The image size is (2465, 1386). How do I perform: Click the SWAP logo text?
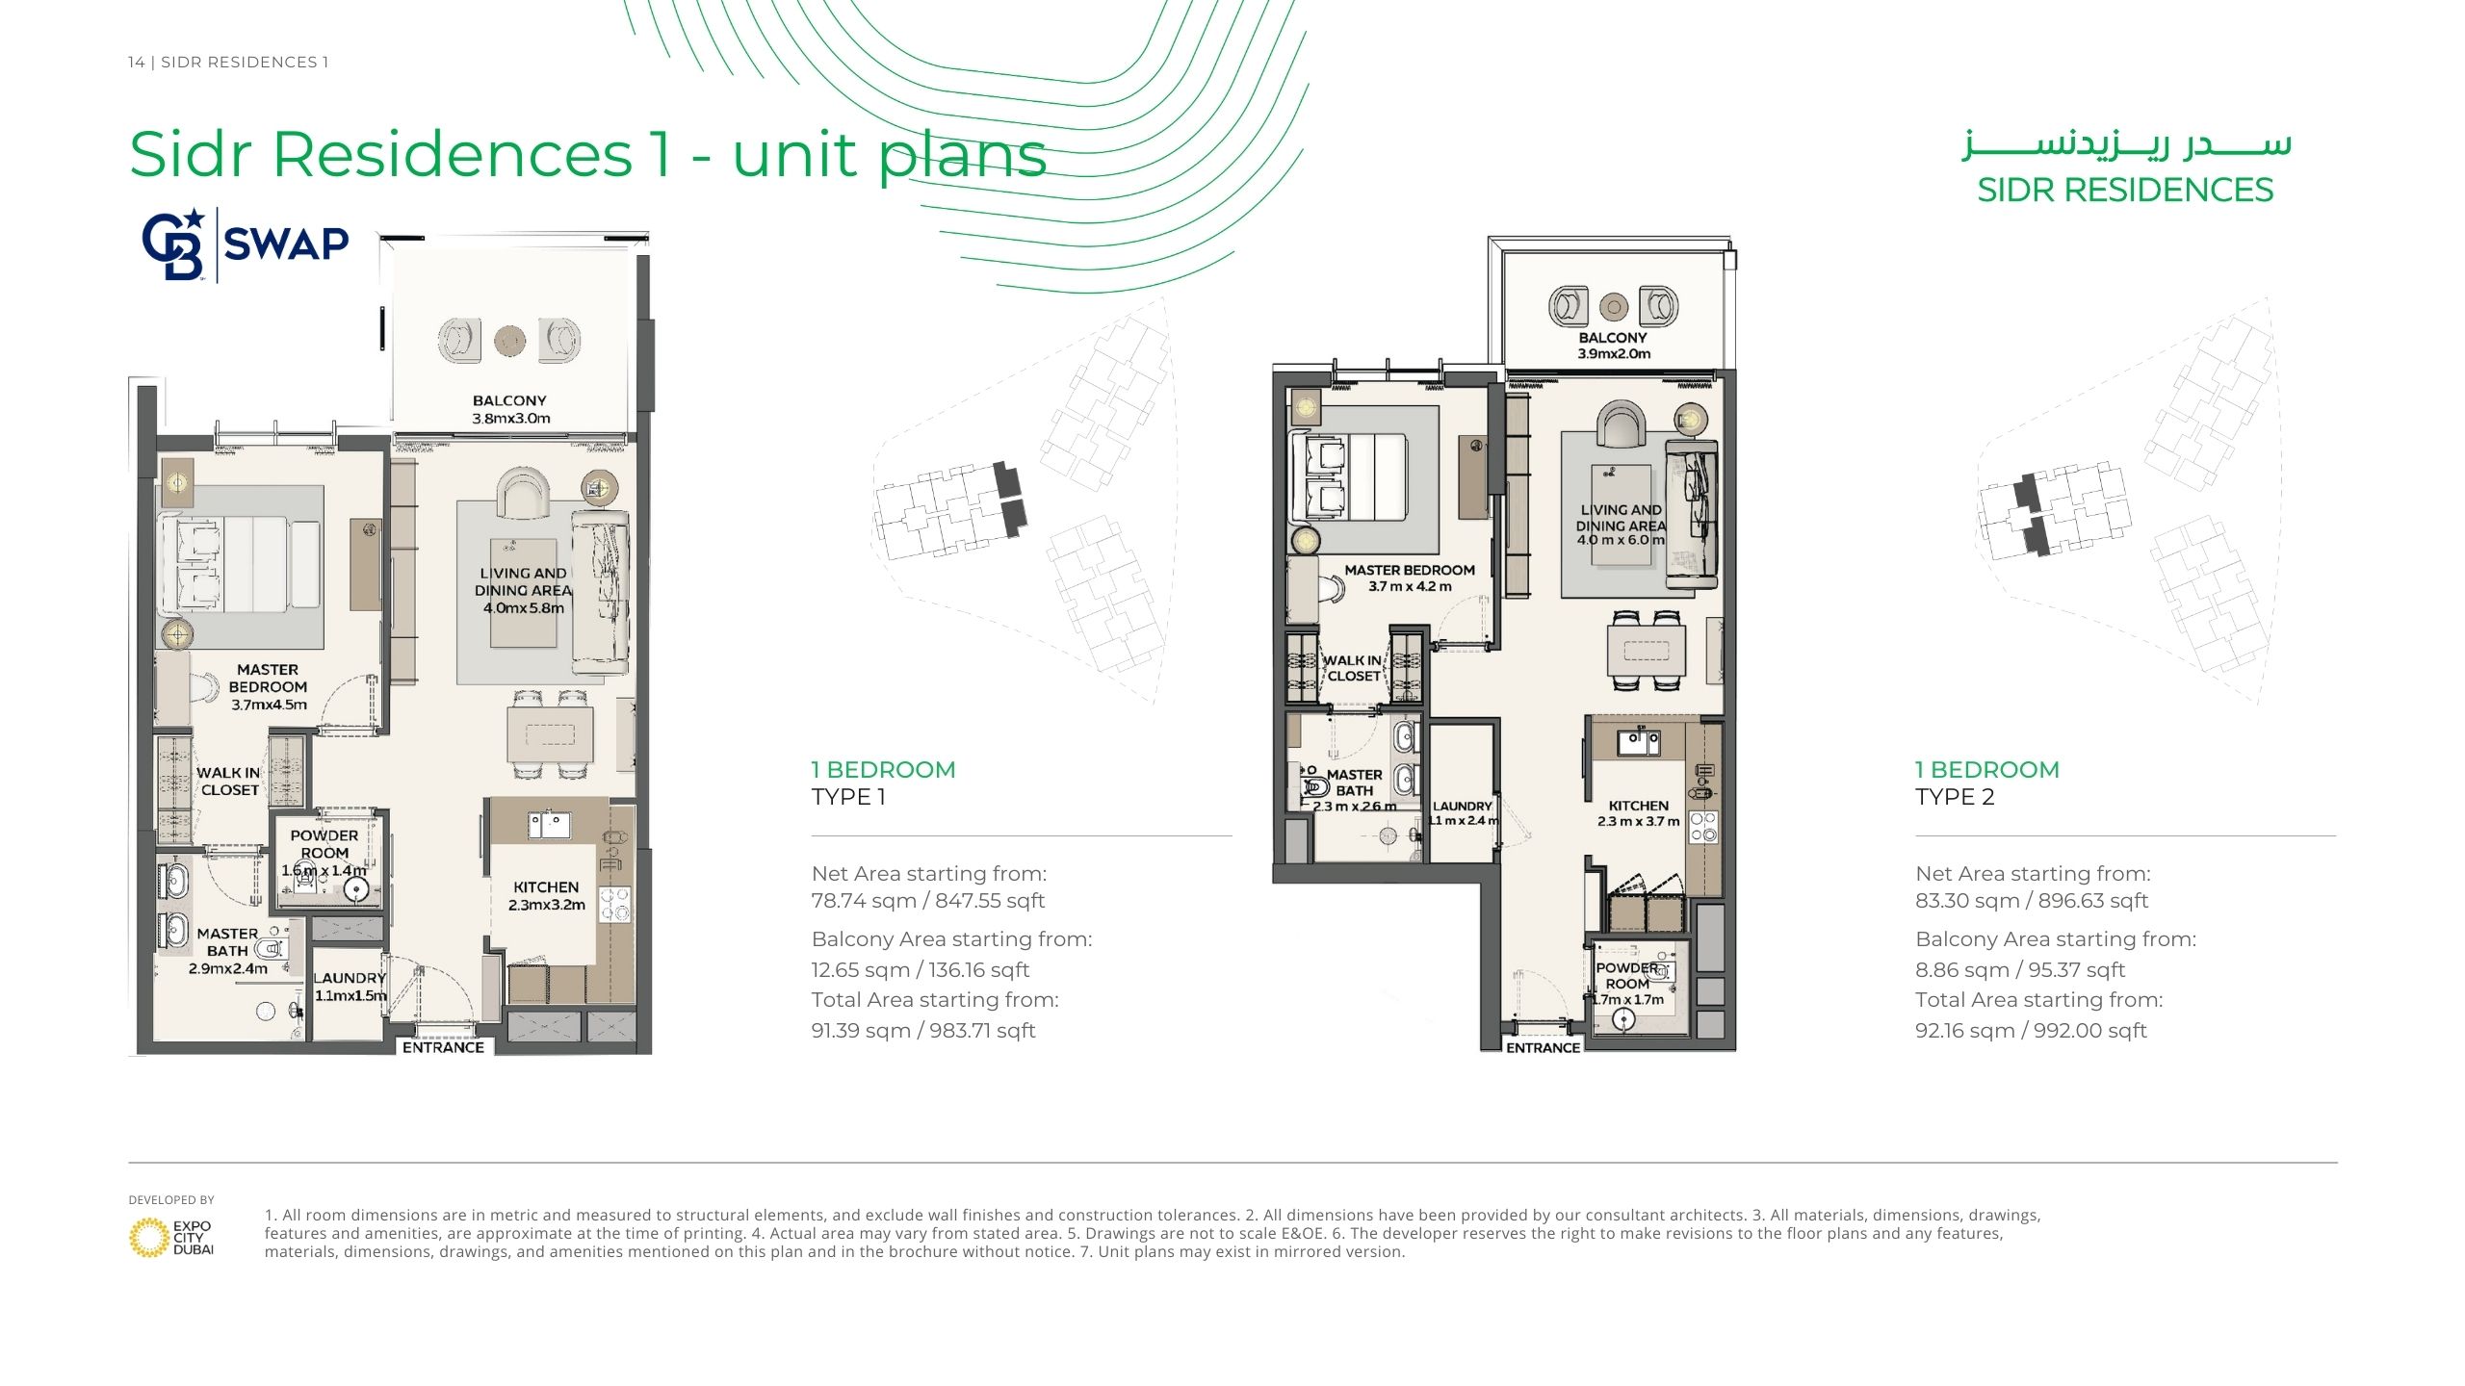click(x=286, y=244)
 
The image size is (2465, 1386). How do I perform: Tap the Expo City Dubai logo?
click(x=171, y=1237)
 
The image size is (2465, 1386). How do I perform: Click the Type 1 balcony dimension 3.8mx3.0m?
click(x=511, y=419)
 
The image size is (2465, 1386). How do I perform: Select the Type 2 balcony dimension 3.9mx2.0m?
click(x=1614, y=354)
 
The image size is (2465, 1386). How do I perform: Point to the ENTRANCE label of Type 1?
click(x=443, y=1047)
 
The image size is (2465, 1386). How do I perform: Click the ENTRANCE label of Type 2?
click(x=1543, y=1047)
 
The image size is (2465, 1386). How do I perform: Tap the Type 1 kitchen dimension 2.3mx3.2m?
click(x=547, y=905)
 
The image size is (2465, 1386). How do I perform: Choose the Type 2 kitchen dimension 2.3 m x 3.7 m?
click(x=1638, y=821)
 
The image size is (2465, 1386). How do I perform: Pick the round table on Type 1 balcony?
click(x=510, y=339)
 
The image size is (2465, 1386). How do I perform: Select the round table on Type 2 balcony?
click(x=1614, y=307)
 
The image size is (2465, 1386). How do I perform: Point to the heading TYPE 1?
click(x=848, y=797)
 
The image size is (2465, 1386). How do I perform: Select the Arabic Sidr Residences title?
click(x=2126, y=145)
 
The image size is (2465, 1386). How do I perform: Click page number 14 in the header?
click(x=136, y=63)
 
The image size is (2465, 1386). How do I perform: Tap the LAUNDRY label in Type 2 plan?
click(x=1462, y=807)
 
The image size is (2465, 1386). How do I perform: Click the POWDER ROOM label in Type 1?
click(x=324, y=844)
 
